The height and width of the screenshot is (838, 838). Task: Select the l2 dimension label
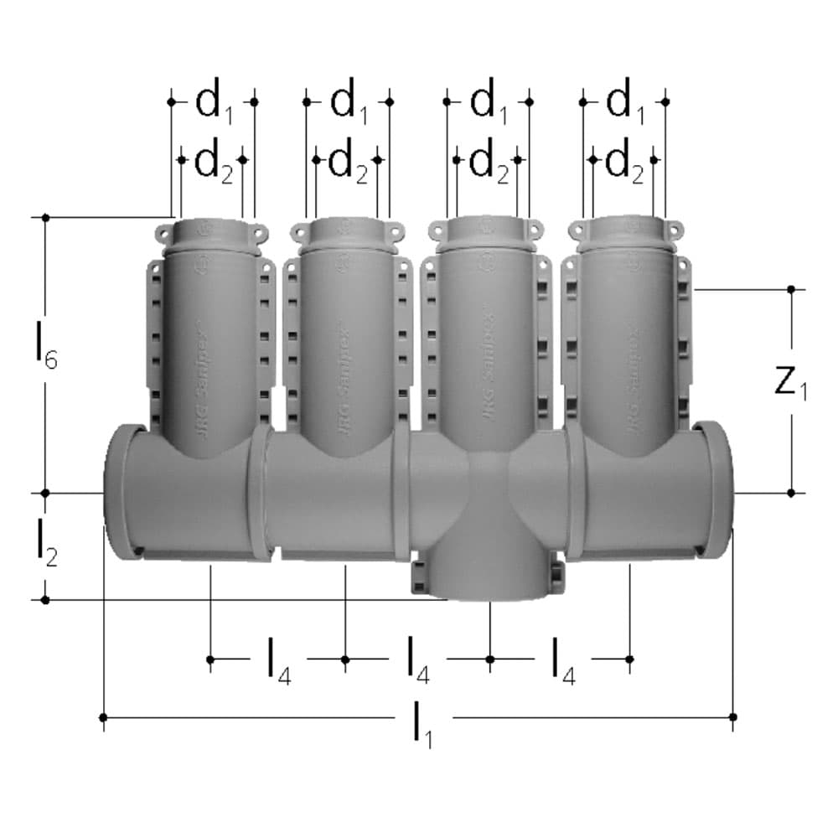46,546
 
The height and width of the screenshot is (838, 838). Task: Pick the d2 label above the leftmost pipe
213,162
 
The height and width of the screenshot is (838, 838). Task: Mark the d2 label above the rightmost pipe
623,162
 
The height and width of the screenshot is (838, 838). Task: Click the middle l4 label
418,660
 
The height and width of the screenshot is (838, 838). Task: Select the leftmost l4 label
278,660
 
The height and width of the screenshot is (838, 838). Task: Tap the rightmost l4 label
562,660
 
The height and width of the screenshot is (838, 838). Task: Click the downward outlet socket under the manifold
489,578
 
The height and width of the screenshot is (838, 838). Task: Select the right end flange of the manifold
717,490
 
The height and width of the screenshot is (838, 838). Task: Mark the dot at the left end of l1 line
103,717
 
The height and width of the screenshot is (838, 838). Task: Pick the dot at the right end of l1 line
733,717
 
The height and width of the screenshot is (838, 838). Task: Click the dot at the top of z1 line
791,289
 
